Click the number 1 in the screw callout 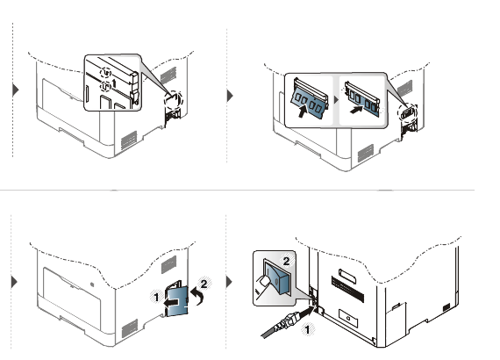tap(115, 83)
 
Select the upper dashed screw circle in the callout tap(105, 73)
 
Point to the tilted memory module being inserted tap(309, 98)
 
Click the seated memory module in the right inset tap(362, 98)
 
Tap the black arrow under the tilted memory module tap(303, 112)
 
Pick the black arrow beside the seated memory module tap(356, 110)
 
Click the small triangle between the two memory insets tap(336, 100)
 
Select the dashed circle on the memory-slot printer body tap(407, 112)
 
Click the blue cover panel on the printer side tap(177, 300)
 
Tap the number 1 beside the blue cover tap(156, 298)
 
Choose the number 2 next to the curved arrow tap(204, 284)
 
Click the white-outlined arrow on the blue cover tap(172, 301)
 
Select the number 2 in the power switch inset tap(286, 261)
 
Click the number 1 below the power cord tap(308, 329)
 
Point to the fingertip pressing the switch tap(264, 282)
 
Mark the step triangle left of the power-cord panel tap(230, 282)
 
